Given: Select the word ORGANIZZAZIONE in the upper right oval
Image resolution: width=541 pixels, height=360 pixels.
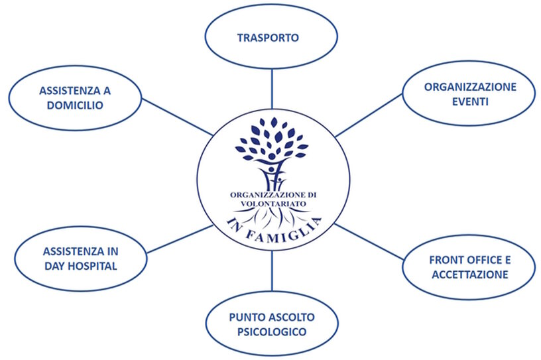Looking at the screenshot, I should coord(470,87).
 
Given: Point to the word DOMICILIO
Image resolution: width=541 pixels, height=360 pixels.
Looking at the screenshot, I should coord(74,105).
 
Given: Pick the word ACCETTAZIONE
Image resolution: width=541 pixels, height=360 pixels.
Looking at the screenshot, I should coord(469,274).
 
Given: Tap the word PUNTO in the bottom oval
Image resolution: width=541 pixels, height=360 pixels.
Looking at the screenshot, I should coord(245,317).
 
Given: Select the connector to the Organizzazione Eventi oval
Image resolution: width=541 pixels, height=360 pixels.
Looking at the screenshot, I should coord(368,114).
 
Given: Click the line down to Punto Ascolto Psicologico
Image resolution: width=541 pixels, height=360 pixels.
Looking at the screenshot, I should coord(272,272).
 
